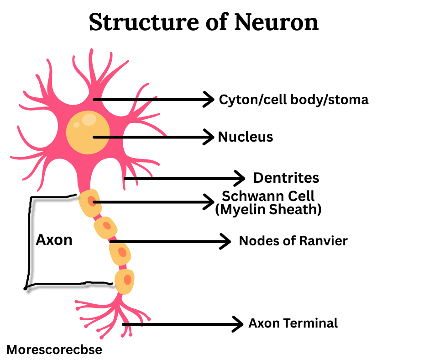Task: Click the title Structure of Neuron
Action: point(204,22)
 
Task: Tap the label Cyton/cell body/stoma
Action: point(293,99)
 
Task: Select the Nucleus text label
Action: point(246,137)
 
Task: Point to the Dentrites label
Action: point(286,178)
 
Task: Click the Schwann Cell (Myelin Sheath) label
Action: point(268,203)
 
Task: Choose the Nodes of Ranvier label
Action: point(293,241)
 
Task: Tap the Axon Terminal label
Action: point(293,323)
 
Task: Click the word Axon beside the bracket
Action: point(54,240)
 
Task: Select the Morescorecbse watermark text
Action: point(54,350)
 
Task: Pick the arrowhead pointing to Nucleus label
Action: point(209,137)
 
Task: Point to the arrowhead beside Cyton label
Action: point(209,99)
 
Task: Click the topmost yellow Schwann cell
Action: point(89,202)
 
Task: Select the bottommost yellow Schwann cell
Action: point(125,281)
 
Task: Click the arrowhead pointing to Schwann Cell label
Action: point(209,201)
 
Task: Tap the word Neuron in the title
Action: point(276,22)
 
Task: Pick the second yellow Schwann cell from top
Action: point(105,227)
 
